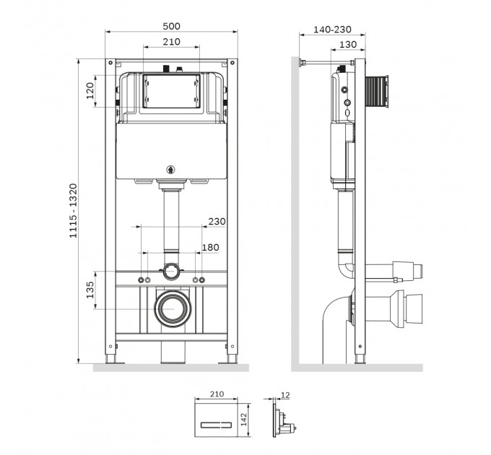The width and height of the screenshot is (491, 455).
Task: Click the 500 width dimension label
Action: (x=171, y=26)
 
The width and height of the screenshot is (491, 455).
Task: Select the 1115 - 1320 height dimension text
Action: (x=73, y=211)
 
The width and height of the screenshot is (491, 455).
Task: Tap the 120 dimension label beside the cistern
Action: (x=90, y=91)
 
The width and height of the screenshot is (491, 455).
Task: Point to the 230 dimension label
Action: (x=217, y=222)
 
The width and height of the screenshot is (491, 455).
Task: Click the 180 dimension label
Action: (x=210, y=248)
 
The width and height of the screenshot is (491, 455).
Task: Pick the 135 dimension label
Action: (x=90, y=290)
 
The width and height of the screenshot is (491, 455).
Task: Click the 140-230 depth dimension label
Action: (x=332, y=30)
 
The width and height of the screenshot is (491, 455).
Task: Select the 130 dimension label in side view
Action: (x=348, y=45)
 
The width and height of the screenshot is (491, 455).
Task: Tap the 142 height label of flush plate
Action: (x=244, y=420)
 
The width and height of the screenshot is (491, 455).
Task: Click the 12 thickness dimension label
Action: (x=286, y=395)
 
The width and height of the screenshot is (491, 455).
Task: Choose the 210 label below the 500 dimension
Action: (x=171, y=42)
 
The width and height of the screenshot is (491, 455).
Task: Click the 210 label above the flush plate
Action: (x=217, y=394)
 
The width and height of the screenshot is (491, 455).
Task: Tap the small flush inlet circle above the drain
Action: (x=171, y=271)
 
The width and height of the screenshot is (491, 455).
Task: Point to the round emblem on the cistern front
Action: (x=170, y=170)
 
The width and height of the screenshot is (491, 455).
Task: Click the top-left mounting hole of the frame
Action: (x=110, y=63)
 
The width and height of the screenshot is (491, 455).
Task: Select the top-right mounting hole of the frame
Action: (x=233, y=63)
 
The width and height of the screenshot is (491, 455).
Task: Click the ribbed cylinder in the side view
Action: (x=377, y=92)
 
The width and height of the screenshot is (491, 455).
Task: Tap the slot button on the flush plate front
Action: (x=217, y=425)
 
